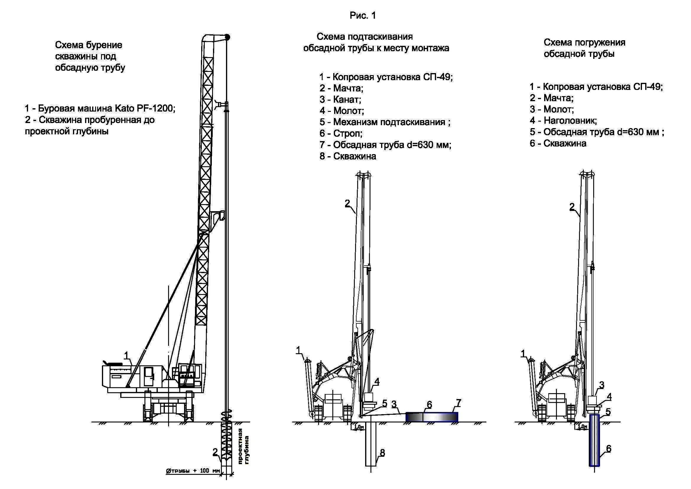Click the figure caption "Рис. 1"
[x=363, y=16]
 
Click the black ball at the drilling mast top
[x=227, y=37]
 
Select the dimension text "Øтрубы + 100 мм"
[x=193, y=471]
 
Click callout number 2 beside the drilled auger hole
[x=215, y=452]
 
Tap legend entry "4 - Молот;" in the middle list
[x=342, y=111]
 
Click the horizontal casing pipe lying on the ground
[x=432, y=417]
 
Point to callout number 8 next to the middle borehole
[x=382, y=453]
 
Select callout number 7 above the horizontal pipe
[x=459, y=403]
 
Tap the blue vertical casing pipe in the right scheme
[x=594, y=440]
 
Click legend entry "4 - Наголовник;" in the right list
[x=563, y=120]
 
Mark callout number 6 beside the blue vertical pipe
[x=609, y=449]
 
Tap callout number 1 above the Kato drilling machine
[x=127, y=356]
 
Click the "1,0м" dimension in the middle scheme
[x=358, y=427]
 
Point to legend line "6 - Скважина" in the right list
[x=558, y=143]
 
